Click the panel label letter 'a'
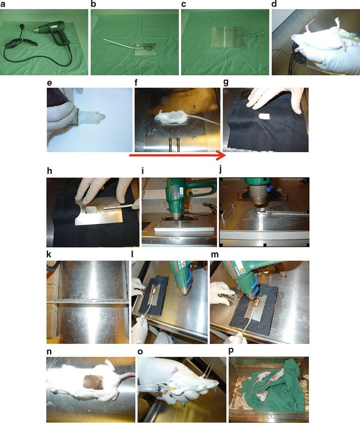[3, 4]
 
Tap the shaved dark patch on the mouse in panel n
[87, 382]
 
